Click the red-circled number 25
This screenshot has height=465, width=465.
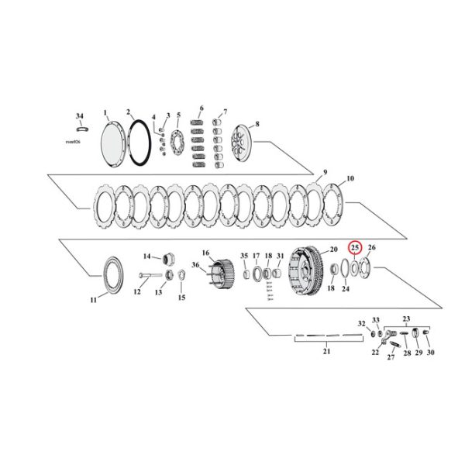pyautogui.click(x=355, y=247)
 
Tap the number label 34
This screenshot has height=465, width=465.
pyautogui.click(x=79, y=116)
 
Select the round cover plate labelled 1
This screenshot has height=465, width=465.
pyautogui.click(x=118, y=143)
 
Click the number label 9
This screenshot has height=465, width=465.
pyautogui.click(x=325, y=171)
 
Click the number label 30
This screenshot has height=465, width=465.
pyautogui.click(x=430, y=353)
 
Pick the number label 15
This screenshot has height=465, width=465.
pyautogui.click(x=182, y=297)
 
